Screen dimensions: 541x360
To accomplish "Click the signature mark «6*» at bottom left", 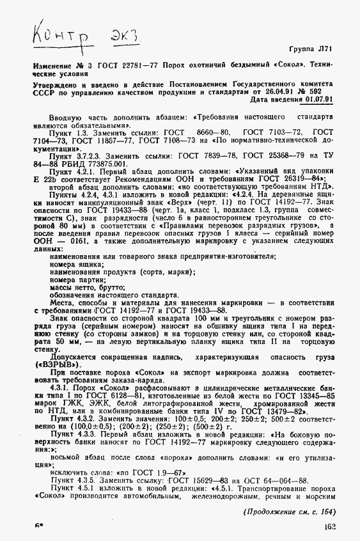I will coord(30,528).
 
